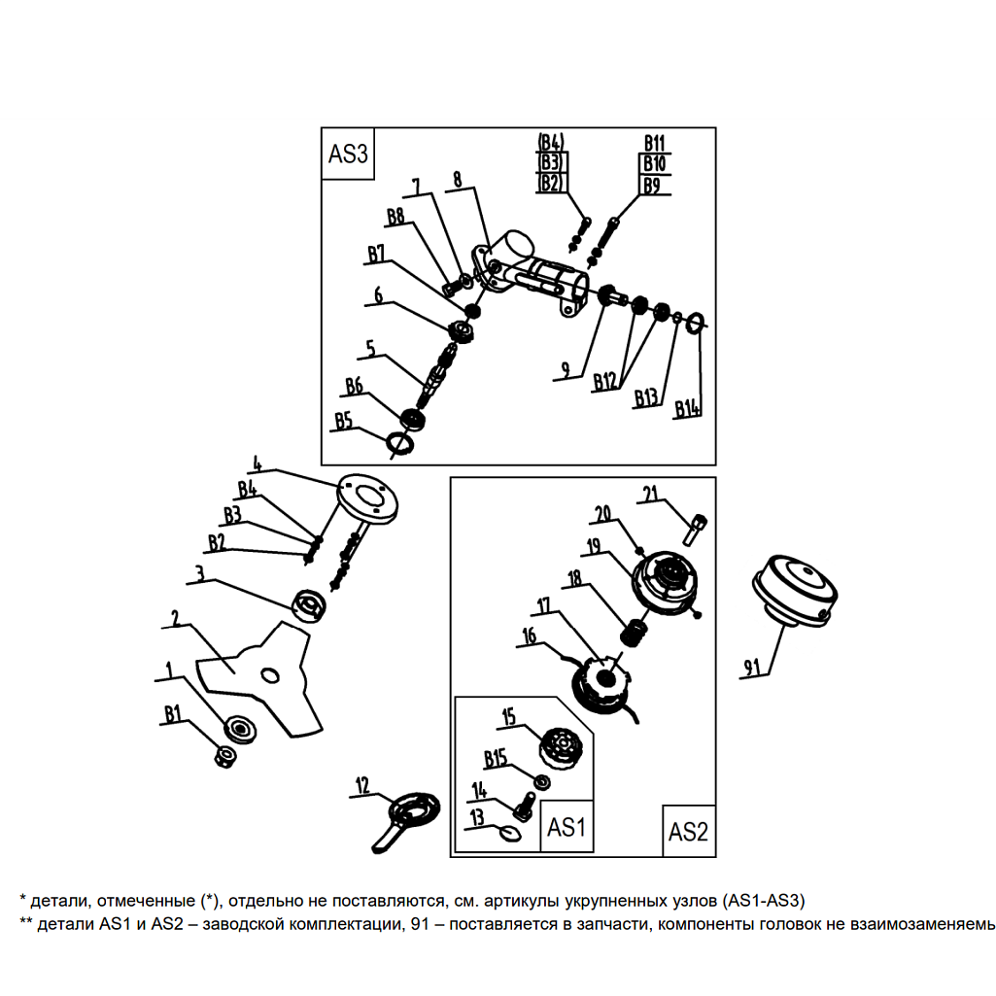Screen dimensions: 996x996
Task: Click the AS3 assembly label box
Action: (349, 153)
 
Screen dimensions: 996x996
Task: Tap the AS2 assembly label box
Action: (689, 832)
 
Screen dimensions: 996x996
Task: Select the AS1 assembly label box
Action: (567, 827)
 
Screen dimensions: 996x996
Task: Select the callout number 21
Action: (649, 494)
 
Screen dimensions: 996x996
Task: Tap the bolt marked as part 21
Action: (699, 529)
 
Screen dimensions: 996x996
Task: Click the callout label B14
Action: (688, 410)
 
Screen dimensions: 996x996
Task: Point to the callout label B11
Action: (655, 143)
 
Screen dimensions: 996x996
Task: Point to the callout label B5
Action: (342, 420)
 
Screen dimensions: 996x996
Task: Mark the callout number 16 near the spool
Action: (530, 635)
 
